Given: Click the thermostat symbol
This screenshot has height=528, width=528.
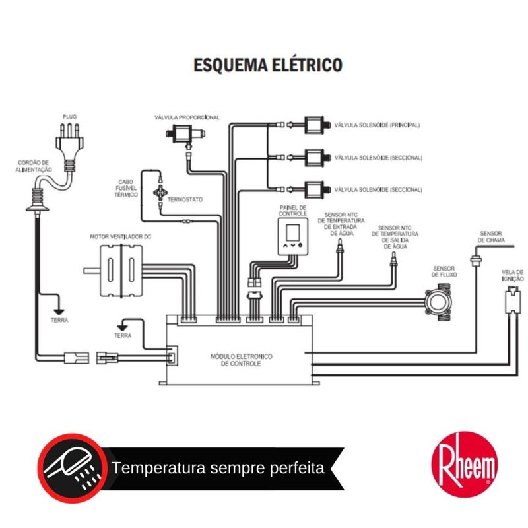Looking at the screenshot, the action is (x=160, y=193).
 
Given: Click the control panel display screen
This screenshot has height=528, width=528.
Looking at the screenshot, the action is (x=292, y=232).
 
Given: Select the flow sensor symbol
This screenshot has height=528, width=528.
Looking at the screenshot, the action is (x=438, y=302).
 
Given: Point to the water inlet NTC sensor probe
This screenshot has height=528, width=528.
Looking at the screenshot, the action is (x=340, y=246).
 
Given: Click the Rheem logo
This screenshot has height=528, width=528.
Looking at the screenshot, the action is (x=465, y=464).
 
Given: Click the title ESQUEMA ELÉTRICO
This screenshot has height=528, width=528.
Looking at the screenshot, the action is (x=268, y=65).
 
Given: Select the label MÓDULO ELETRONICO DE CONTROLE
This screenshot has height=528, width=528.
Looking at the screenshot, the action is (x=241, y=360).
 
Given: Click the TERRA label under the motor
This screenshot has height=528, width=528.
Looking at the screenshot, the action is (x=123, y=336).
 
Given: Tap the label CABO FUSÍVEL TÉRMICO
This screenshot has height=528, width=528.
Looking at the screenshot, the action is (x=126, y=188).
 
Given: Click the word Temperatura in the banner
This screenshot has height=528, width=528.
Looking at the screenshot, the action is (x=158, y=468).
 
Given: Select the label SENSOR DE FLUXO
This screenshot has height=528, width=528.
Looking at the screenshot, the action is (x=444, y=272).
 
